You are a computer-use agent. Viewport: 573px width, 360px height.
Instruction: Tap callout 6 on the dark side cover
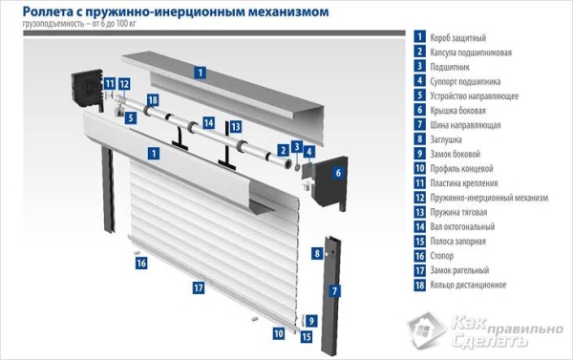coord(338,173)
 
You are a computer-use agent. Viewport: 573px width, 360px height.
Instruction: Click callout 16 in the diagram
coord(140,263)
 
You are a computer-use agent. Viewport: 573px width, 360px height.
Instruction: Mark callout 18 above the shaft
coord(153,100)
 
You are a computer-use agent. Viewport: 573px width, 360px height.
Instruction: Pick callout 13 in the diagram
coord(235,126)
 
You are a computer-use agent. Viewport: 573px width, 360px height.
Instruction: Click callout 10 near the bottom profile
coord(279,334)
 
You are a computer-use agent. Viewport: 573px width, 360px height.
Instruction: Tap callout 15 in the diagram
coord(307,336)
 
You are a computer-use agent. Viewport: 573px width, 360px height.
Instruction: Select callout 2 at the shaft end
coord(284,149)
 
